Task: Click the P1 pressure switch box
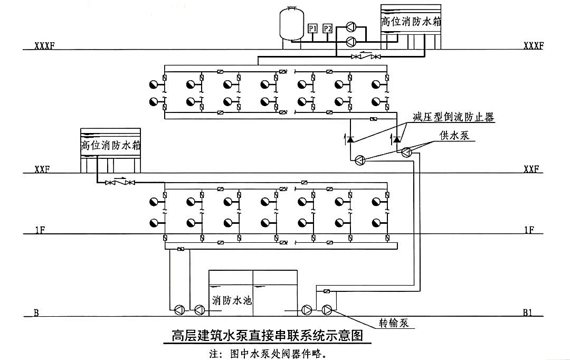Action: click(312, 29)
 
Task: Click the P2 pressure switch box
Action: click(328, 29)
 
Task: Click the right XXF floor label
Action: click(531, 169)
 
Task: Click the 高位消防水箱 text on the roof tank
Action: click(411, 22)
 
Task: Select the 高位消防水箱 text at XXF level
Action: click(110, 145)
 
